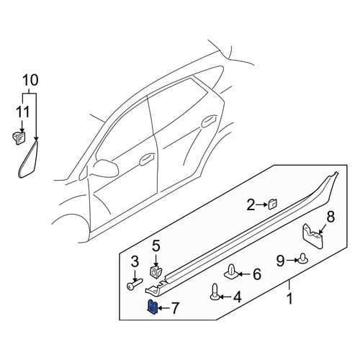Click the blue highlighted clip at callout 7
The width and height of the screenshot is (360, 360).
click(x=152, y=307)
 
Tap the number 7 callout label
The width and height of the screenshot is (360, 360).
click(x=175, y=308)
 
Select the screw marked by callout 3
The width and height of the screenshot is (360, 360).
click(x=135, y=284)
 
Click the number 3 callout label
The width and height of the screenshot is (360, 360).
click(x=135, y=261)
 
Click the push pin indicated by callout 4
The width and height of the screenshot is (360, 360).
click(x=215, y=292)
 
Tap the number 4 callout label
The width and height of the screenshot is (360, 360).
click(x=237, y=297)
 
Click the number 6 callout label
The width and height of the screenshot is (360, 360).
click(x=257, y=274)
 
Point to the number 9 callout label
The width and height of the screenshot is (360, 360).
click(x=280, y=261)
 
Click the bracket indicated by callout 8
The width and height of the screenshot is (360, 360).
click(x=312, y=237)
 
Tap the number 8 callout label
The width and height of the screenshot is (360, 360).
click(x=330, y=217)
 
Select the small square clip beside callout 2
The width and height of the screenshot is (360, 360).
click(x=272, y=204)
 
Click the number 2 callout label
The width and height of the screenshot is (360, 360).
click(x=251, y=205)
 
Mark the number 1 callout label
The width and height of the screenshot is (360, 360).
click(x=289, y=299)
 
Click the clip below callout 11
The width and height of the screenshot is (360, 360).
click(x=19, y=138)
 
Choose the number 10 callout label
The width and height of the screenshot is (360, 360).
click(x=30, y=80)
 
